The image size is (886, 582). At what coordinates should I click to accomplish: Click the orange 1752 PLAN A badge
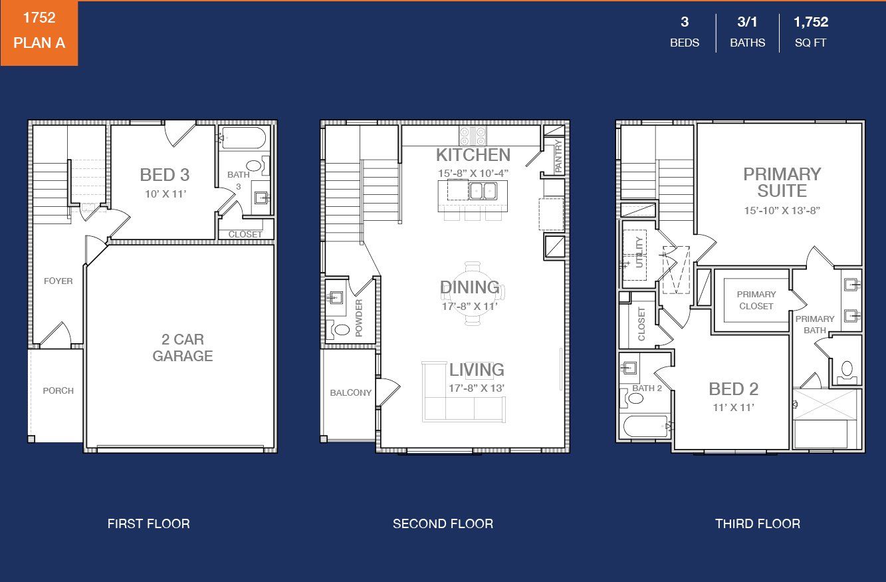pyautogui.click(x=39, y=33)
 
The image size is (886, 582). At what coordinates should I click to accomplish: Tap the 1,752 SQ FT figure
pyautogui.click(x=810, y=32)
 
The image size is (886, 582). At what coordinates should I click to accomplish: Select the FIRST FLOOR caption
pyautogui.click(x=149, y=524)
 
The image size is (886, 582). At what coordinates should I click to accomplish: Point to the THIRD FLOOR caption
pyautogui.click(x=758, y=524)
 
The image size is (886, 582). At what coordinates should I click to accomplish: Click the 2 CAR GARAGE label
pyautogui.click(x=183, y=348)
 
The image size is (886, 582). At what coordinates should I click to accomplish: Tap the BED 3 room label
pyautogui.click(x=165, y=175)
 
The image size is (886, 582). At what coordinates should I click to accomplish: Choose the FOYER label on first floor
pyautogui.click(x=58, y=281)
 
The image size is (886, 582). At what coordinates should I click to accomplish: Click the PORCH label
pyautogui.click(x=58, y=391)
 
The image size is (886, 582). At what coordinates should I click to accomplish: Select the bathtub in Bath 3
pyautogui.click(x=243, y=138)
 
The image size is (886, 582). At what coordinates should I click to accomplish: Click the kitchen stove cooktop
pyautogui.click(x=473, y=136)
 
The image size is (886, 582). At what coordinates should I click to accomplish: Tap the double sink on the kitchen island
pyautogui.click(x=483, y=190)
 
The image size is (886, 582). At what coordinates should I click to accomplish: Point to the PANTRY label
pyautogui.click(x=558, y=156)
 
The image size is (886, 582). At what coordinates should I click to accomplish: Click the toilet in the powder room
pyautogui.click(x=338, y=329)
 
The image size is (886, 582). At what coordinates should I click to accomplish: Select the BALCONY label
pyautogui.click(x=351, y=392)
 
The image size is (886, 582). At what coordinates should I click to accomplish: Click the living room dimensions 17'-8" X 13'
pyautogui.click(x=476, y=388)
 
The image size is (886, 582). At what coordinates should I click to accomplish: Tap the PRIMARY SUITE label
pyautogui.click(x=782, y=182)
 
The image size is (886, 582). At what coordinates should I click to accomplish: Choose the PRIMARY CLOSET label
pyautogui.click(x=756, y=300)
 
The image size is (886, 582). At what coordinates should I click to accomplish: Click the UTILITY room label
pyautogui.click(x=639, y=252)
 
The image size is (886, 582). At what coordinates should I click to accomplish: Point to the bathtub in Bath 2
pyautogui.click(x=645, y=426)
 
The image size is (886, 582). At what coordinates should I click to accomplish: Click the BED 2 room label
pyautogui.click(x=733, y=389)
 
